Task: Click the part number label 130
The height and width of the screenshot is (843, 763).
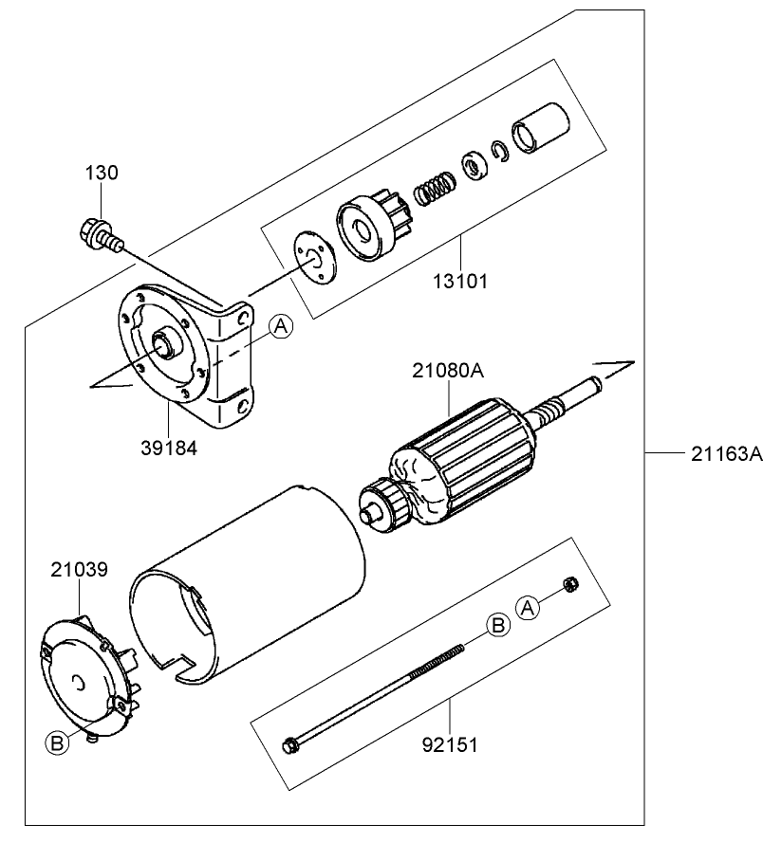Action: (x=102, y=173)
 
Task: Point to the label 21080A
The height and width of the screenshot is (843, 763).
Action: (x=448, y=372)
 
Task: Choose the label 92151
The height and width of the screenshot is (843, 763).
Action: (x=451, y=744)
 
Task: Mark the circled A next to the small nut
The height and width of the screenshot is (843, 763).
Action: (x=530, y=606)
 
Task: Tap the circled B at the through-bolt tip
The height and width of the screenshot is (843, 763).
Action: (x=496, y=624)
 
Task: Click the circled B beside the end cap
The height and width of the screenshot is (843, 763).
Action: (x=57, y=743)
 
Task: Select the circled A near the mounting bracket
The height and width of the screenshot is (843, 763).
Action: (x=280, y=327)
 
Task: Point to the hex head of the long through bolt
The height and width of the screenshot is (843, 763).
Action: (x=290, y=745)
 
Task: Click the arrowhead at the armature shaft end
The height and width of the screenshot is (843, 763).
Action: (x=623, y=365)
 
